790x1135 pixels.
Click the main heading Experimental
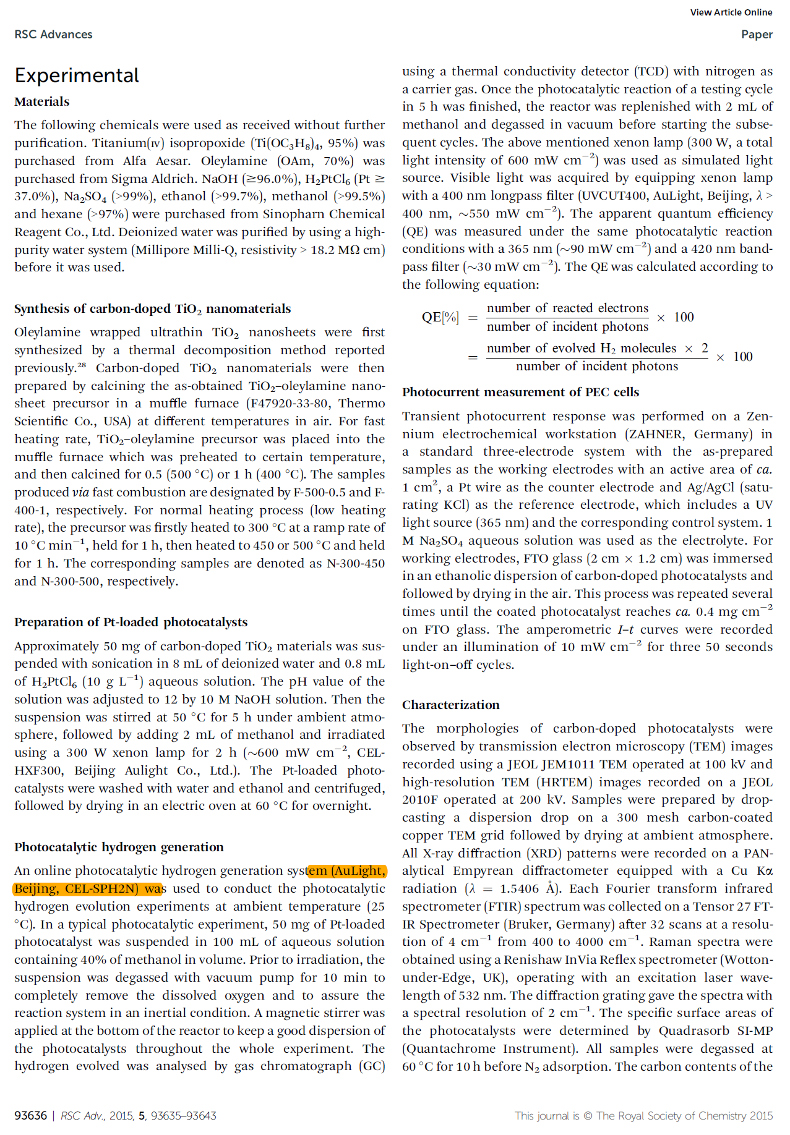pyautogui.click(x=77, y=75)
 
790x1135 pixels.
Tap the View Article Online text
pyautogui.click(x=731, y=12)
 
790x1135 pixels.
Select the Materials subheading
pyautogui.click(x=42, y=101)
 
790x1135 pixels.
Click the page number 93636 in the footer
pyautogui.click(x=31, y=1115)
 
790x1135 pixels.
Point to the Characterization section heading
pyautogui.click(x=450, y=705)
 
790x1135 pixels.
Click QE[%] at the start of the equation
pyautogui.click(x=440, y=317)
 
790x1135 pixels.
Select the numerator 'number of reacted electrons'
pyautogui.click(x=567, y=308)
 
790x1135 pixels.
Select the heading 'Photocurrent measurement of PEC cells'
pyautogui.click(x=520, y=392)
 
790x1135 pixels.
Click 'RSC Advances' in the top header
pyautogui.click(x=53, y=35)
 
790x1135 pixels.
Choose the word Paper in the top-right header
pyautogui.click(x=757, y=35)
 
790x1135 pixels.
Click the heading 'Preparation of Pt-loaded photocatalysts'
pyautogui.click(x=131, y=622)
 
